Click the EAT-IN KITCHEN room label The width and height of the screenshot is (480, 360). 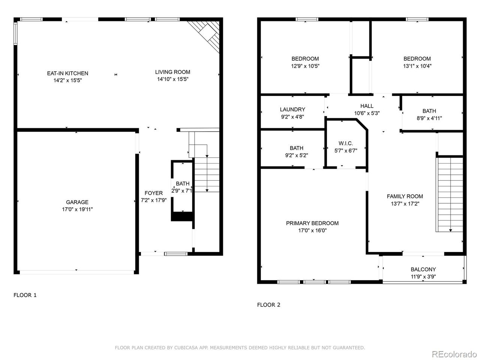(67, 73)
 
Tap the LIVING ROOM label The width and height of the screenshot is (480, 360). (172, 72)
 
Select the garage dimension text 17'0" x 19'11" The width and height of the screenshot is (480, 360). (77, 209)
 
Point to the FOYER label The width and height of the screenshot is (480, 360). (153, 193)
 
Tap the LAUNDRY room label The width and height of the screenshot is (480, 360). (292, 109)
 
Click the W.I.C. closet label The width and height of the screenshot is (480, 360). (345, 143)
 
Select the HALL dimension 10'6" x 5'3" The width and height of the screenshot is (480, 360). (367, 113)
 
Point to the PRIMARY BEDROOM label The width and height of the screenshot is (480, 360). (312, 223)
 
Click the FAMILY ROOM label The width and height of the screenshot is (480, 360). (405, 196)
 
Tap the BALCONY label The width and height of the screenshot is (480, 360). (423, 269)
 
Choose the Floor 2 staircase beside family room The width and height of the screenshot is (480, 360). (450, 195)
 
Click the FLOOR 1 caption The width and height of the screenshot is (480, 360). (25, 295)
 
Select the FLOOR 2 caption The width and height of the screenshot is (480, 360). (268, 305)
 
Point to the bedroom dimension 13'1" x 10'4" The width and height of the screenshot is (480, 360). (417, 66)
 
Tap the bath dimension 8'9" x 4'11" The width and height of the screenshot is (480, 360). (429, 118)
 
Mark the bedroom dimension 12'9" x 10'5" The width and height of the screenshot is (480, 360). (305, 66)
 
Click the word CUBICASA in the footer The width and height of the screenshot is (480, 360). (186, 347)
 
